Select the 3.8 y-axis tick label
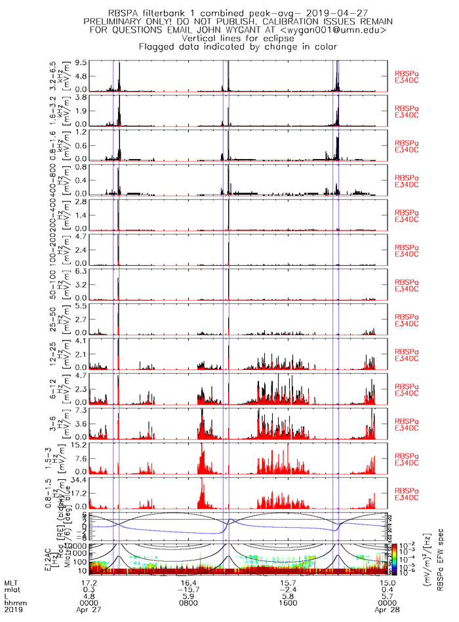click(x=81, y=98)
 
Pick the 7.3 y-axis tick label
click(x=81, y=411)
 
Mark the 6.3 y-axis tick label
click(x=81, y=271)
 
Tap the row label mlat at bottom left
click(x=14, y=589)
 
